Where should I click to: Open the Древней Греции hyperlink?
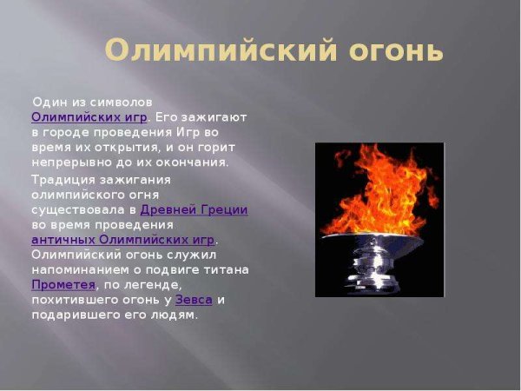(x=194, y=209)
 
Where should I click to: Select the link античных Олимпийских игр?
(x=122, y=239)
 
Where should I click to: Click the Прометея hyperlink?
(x=62, y=284)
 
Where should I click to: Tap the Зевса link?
(x=194, y=299)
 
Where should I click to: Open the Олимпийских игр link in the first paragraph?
(x=89, y=116)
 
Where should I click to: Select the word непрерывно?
(x=69, y=162)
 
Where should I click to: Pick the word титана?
(x=228, y=269)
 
